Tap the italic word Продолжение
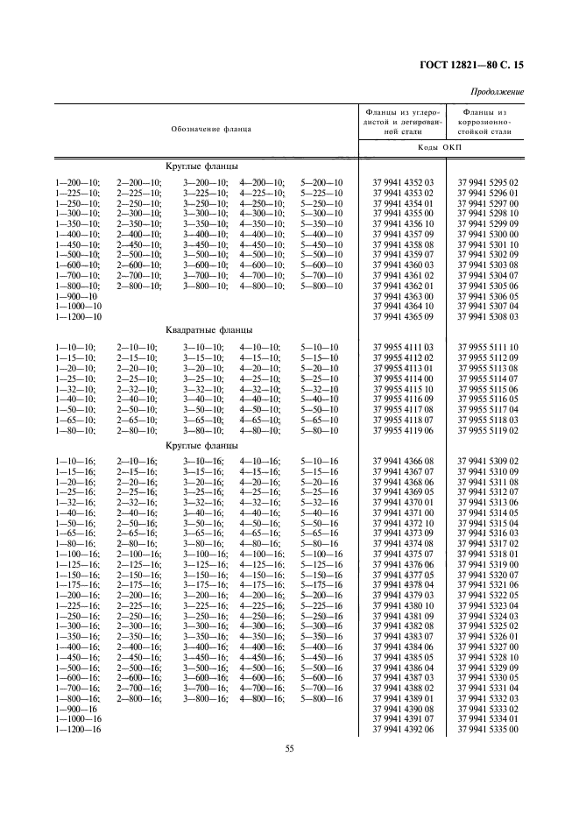point(497,92)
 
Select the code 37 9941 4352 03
point(403,182)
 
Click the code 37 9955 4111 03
point(403,348)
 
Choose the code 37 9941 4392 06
point(403,728)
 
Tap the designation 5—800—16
point(321,697)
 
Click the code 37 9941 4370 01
point(403,502)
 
